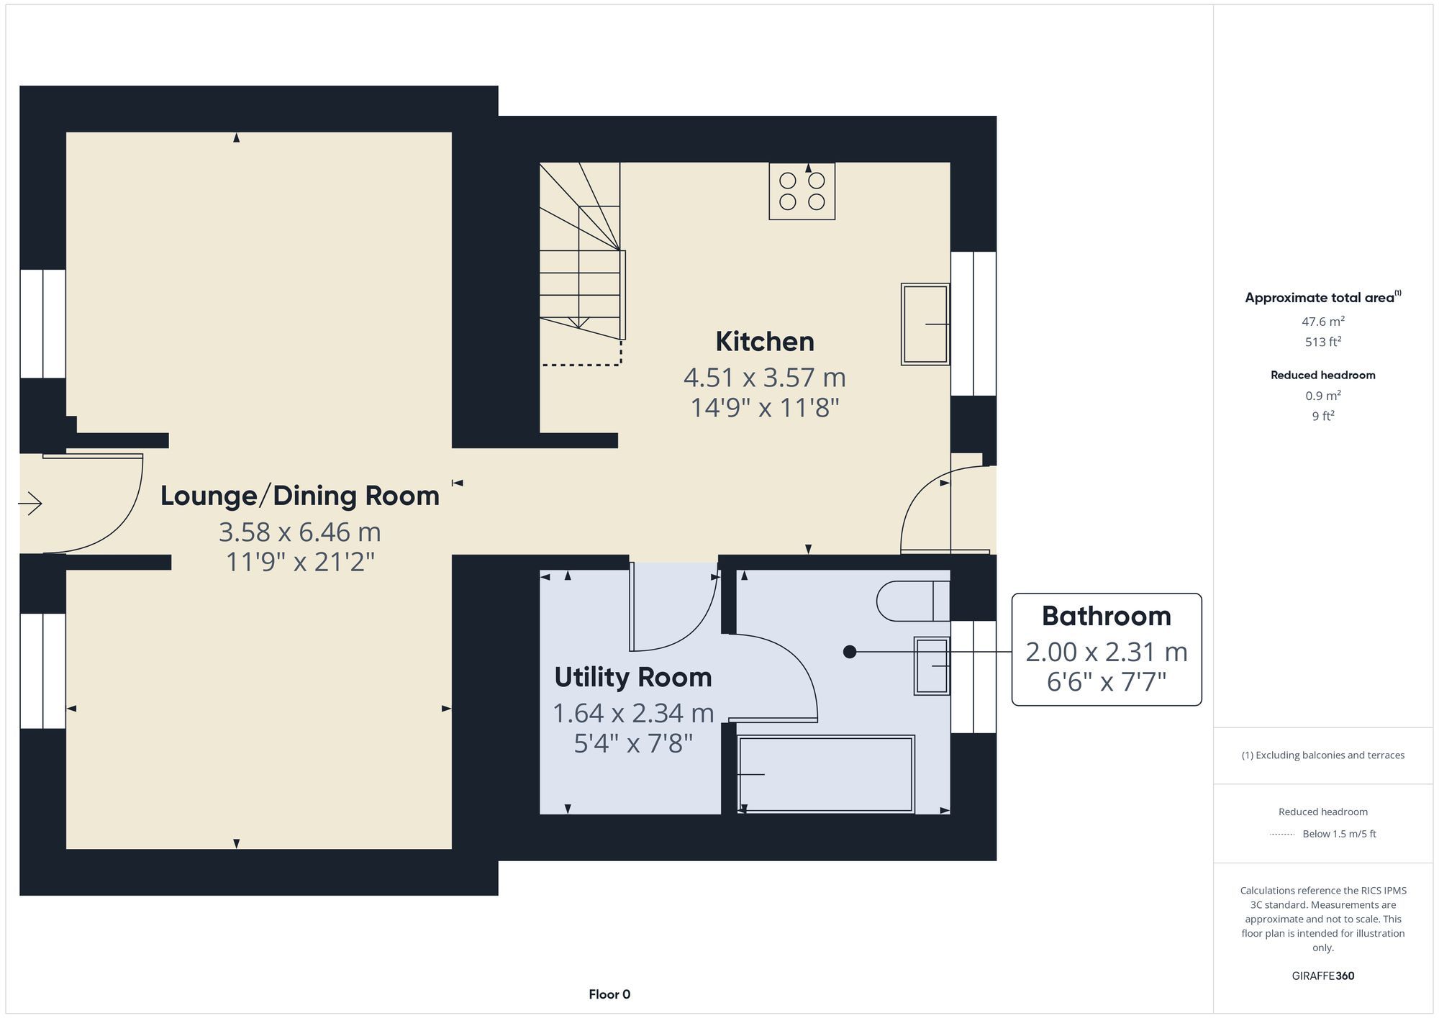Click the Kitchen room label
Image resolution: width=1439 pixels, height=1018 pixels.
coord(764,342)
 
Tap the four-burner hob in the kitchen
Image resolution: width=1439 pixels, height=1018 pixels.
coord(802,191)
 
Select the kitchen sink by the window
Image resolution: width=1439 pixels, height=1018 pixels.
coord(925,324)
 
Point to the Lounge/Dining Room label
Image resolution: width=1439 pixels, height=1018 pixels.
coord(299,496)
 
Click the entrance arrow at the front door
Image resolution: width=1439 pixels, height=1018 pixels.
coord(30,503)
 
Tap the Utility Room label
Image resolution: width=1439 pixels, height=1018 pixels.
coord(632,678)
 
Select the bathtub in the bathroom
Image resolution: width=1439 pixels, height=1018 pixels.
coord(826,774)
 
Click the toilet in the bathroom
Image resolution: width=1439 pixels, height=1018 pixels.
coord(911,601)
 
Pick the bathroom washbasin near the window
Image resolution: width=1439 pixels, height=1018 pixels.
coord(932,666)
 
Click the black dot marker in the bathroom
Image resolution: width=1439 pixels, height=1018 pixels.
coord(850,652)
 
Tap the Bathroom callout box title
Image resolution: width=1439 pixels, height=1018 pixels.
coord(1106,617)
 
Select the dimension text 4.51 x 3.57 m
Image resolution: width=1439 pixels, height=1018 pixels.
coord(764,378)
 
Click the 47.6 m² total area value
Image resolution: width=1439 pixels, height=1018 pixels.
coord(1322,322)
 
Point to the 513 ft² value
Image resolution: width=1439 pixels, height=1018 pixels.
coord(1322,342)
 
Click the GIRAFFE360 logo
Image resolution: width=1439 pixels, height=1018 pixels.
coord(1322,976)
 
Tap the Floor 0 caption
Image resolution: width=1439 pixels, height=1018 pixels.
coord(609,994)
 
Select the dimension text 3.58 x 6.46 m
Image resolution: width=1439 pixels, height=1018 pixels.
coord(299,532)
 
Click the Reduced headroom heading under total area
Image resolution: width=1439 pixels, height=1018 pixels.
coord(1322,375)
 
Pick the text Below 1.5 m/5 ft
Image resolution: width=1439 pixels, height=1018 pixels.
coord(1339,834)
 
